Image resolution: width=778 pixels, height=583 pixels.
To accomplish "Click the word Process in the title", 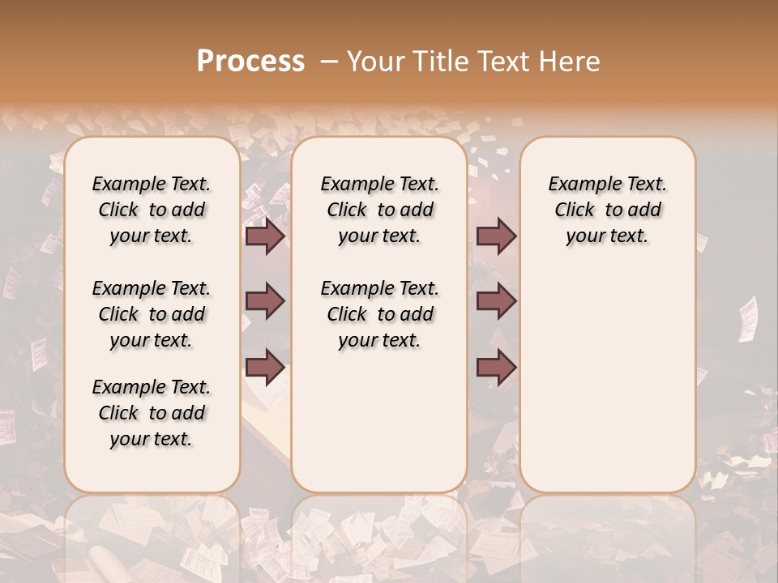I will (250, 61).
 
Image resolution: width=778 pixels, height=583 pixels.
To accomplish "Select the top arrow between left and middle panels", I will (265, 236).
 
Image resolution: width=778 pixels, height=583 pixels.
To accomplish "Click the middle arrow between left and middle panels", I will (265, 302).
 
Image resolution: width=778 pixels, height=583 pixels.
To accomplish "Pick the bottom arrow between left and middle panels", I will (265, 368).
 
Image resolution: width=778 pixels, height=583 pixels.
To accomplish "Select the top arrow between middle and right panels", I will (496, 236).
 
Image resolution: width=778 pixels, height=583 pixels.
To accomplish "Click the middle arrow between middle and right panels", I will (496, 302).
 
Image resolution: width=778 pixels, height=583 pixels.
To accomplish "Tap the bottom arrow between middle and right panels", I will (496, 368).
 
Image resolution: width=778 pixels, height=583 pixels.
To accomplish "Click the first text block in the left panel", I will (152, 210).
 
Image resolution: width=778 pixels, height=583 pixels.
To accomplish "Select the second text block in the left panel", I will (152, 314).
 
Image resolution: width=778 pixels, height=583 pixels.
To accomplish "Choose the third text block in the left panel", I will (152, 413).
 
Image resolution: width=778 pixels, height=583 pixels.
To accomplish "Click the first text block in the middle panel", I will (379, 210).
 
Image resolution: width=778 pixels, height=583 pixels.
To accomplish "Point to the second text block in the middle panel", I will (379, 314).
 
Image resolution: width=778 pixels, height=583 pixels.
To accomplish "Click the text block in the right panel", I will (607, 210).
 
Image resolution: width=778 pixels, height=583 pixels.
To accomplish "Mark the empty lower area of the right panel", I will (607, 372).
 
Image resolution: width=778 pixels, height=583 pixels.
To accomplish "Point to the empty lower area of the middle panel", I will (379, 421).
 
